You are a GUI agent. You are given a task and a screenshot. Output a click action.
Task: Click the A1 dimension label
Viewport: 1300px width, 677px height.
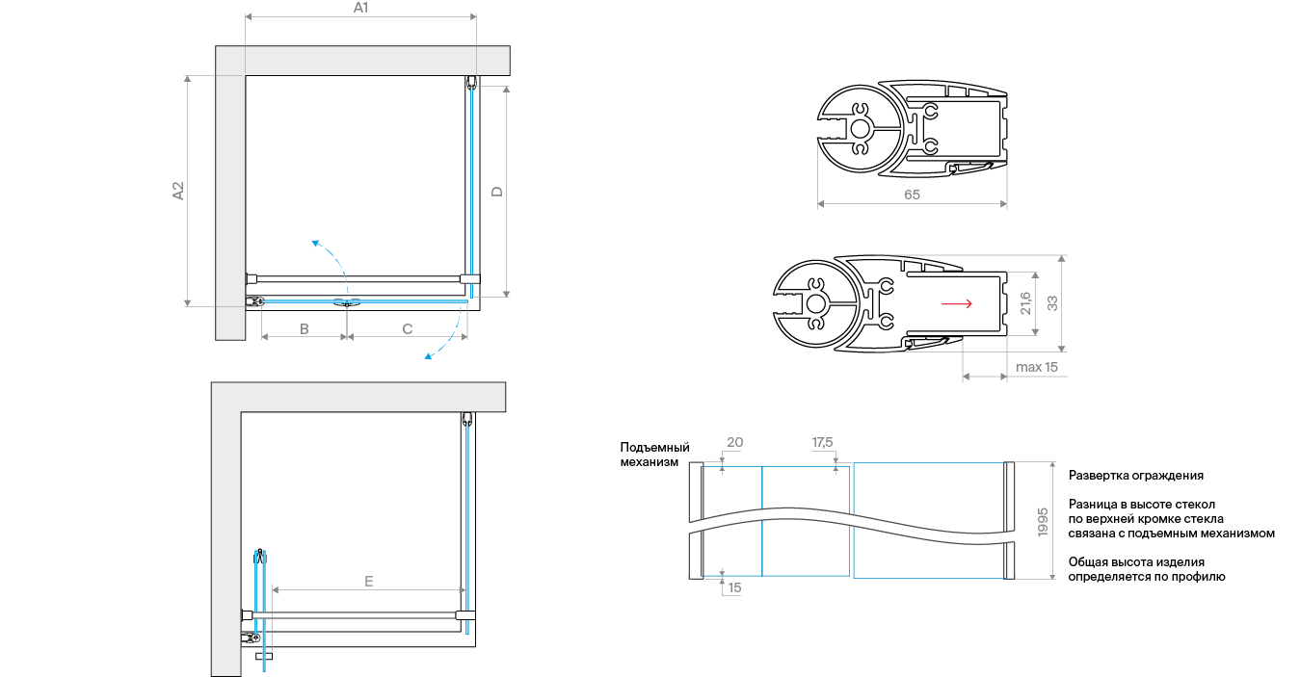(360, 8)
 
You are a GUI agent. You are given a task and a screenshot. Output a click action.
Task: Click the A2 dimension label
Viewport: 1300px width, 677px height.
(178, 191)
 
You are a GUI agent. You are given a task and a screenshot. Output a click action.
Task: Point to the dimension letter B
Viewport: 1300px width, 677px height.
(305, 329)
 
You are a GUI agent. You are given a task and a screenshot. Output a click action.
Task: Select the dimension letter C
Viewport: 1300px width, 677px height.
(408, 329)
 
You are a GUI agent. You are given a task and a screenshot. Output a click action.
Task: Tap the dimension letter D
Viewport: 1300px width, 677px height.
(497, 192)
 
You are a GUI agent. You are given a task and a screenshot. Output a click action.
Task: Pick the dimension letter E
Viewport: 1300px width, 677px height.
(368, 582)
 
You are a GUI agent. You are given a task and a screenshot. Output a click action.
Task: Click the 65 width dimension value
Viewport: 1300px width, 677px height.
(912, 195)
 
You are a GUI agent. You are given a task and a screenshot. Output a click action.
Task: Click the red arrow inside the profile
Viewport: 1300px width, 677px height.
(957, 303)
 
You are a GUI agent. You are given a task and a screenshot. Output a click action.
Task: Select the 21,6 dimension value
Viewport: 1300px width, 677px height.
(1025, 303)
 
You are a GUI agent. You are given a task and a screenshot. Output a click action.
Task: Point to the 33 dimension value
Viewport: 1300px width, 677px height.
(1052, 303)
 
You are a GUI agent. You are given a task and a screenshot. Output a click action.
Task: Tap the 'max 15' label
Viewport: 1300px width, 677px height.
(1037, 367)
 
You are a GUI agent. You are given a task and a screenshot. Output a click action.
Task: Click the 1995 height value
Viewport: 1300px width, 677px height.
(1043, 522)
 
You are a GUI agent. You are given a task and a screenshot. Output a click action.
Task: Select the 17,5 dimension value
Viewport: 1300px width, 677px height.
(822, 442)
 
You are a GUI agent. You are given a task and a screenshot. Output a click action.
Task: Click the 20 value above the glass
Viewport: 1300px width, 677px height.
(734, 442)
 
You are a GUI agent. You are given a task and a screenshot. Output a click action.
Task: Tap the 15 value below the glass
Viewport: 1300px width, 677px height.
(734, 587)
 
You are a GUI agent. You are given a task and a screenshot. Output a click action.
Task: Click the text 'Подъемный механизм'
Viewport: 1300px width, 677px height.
(654, 455)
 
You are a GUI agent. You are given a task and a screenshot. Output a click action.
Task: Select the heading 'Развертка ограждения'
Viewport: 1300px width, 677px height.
(1136, 476)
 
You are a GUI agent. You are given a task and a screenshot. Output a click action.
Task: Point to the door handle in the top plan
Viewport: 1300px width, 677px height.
(347, 302)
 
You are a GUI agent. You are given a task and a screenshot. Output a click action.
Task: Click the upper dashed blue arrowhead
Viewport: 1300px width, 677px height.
(316, 243)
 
